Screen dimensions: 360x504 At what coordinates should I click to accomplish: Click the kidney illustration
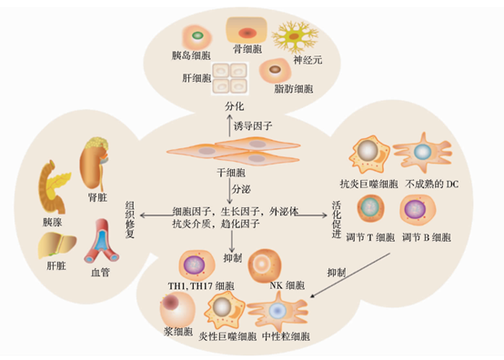point(95,160)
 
